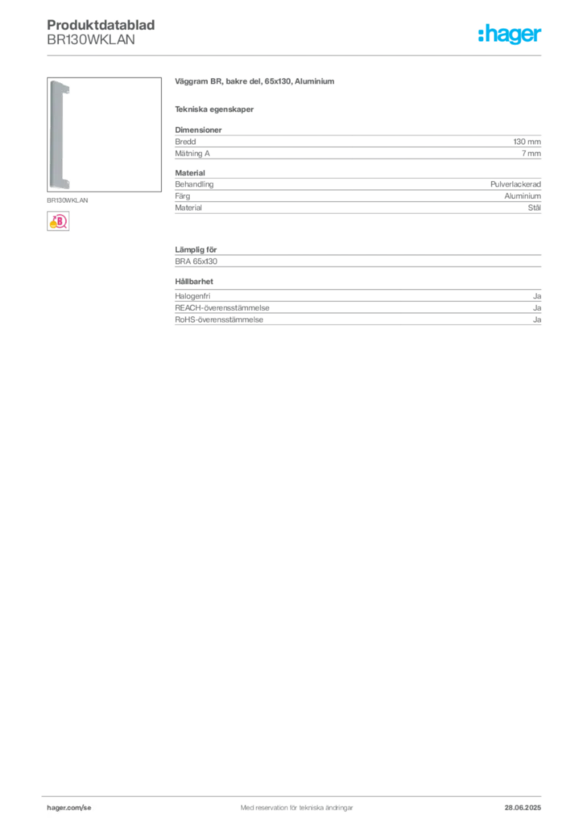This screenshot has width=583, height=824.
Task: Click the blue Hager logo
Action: [x=511, y=35]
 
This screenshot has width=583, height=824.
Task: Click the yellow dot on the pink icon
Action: [x=53, y=226]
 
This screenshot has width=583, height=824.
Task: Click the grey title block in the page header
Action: [x=101, y=32]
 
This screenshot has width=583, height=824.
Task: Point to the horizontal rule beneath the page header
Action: [x=296, y=55]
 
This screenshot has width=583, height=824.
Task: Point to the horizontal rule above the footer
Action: [x=296, y=793]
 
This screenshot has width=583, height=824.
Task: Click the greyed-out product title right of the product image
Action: [x=254, y=83]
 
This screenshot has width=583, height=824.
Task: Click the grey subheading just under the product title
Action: [x=216, y=109]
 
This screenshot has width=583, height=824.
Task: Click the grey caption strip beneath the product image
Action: [x=68, y=200]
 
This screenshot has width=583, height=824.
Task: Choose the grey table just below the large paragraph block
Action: [x=358, y=195]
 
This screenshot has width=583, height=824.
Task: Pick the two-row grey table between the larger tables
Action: [x=358, y=257]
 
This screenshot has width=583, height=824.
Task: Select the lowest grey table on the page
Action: [x=358, y=310]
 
